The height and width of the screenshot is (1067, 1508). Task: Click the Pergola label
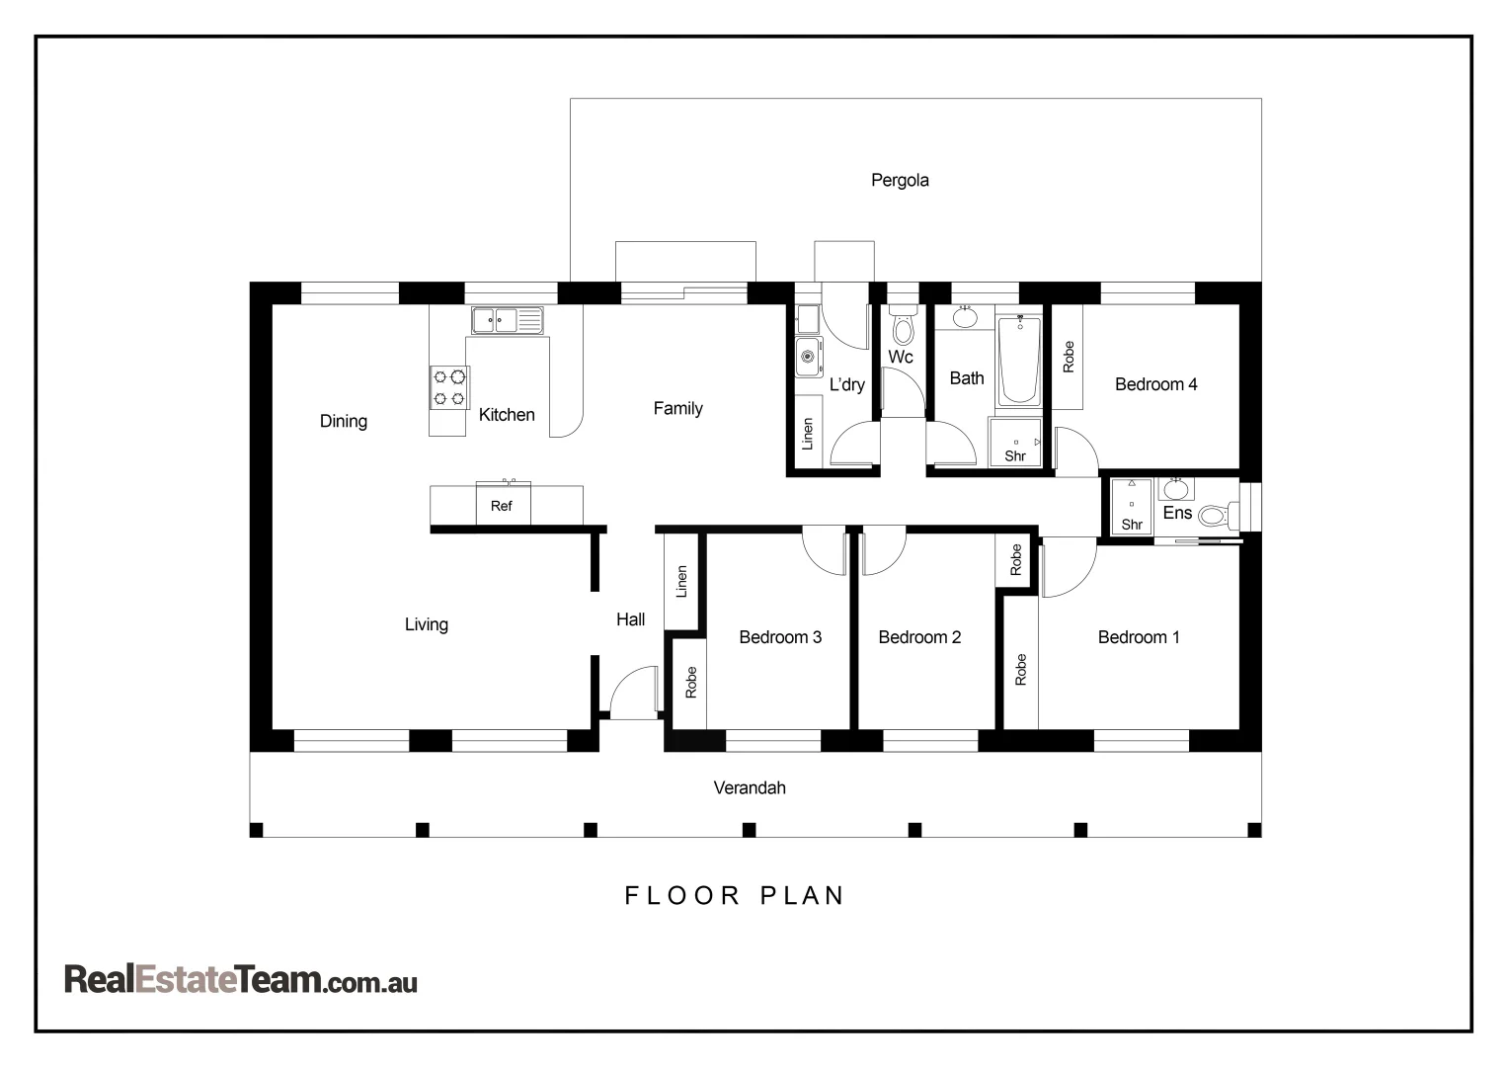[899, 180]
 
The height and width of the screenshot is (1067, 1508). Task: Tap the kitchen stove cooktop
[449, 387]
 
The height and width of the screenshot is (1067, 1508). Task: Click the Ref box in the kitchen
[503, 505]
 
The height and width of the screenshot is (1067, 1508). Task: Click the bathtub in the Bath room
[1018, 361]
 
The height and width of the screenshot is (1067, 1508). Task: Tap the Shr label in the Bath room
[1015, 455]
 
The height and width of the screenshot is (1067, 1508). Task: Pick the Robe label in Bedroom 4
[1068, 357]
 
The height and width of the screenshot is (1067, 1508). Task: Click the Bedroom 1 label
[1138, 637]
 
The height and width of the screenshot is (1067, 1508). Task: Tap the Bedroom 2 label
[918, 637]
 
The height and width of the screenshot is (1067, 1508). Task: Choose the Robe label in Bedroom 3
[690, 682]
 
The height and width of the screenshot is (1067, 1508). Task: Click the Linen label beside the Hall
[680, 582]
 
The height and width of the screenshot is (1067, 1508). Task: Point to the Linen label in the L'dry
[807, 434]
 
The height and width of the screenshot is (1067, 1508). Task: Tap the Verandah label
[750, 787]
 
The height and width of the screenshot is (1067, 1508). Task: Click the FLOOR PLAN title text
[735, 895]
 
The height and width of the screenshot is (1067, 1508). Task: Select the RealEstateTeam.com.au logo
[240, 979]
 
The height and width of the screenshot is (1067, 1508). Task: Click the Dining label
[343, 421]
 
